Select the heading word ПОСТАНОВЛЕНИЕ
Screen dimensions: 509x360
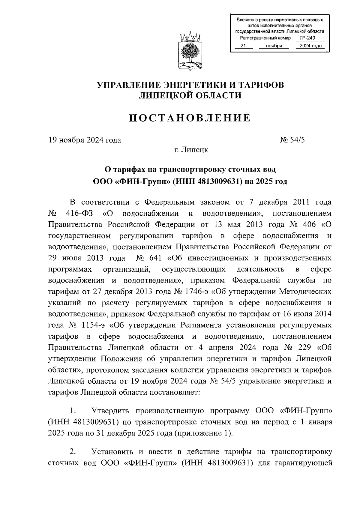click(x=190, y=118)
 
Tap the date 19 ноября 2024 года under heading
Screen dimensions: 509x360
click(x=85, y=140)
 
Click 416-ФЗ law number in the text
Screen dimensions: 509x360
click(x=79, y=214)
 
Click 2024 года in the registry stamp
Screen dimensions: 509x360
click(x=308, y=46)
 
